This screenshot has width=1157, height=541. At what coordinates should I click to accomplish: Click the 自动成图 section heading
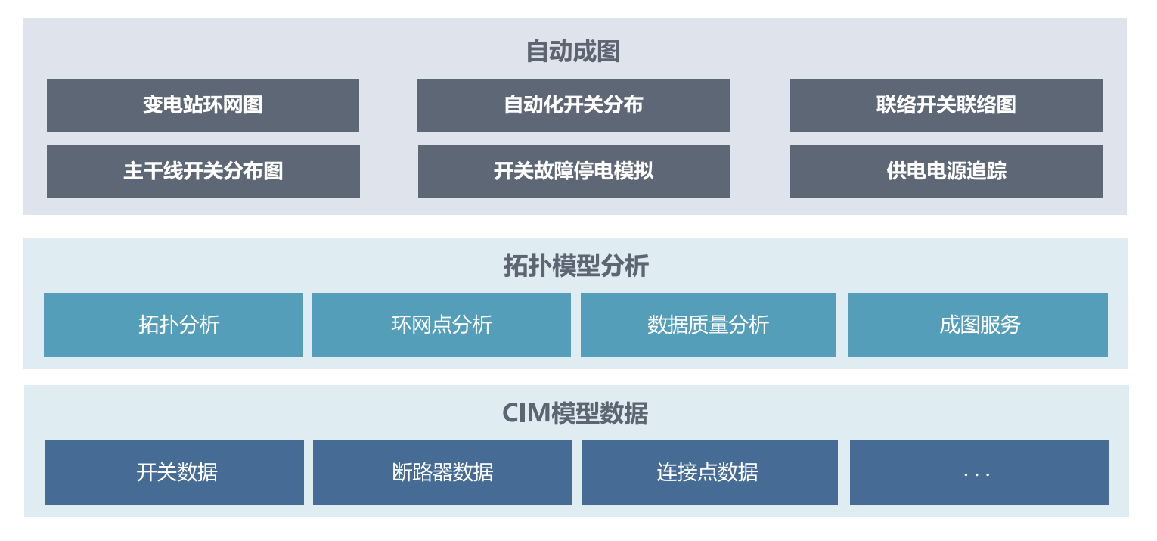pos(573,51)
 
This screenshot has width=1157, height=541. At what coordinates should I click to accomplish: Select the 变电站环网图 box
pos(203,105)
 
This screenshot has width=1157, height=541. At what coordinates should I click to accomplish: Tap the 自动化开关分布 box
pos(573,105)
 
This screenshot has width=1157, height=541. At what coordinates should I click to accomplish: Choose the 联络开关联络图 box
pos(946,105)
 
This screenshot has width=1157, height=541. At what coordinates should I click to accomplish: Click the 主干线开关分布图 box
pos(203,172)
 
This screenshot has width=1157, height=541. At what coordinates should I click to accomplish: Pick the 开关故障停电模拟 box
pos(573,172)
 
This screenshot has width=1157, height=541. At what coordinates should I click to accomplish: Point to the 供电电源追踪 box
pos(946,172)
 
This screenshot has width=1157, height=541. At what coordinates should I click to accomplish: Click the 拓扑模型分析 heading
pos(575,266)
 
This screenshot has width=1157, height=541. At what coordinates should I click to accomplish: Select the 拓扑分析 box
pos(173,325)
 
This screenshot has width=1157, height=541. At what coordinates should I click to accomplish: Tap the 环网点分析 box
pos(442,325)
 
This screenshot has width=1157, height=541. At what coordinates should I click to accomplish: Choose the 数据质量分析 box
pos(709,325)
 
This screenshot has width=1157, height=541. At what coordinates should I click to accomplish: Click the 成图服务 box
pos(978,325)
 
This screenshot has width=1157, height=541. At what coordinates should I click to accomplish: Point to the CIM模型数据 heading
pos(575,414)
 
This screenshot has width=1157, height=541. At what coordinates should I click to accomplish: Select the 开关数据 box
pos(175,473)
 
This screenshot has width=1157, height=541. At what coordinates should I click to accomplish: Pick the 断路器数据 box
pos(442,473)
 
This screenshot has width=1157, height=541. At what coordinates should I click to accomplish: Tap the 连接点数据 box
pos(709,473)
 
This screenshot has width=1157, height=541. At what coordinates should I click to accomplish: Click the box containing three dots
pos(979,473)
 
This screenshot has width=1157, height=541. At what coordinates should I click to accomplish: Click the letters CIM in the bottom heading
pos(526,414)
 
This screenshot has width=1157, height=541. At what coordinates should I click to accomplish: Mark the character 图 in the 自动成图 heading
pos(608,51)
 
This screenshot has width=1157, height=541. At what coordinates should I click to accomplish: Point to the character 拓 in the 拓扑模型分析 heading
pos(515,266)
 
